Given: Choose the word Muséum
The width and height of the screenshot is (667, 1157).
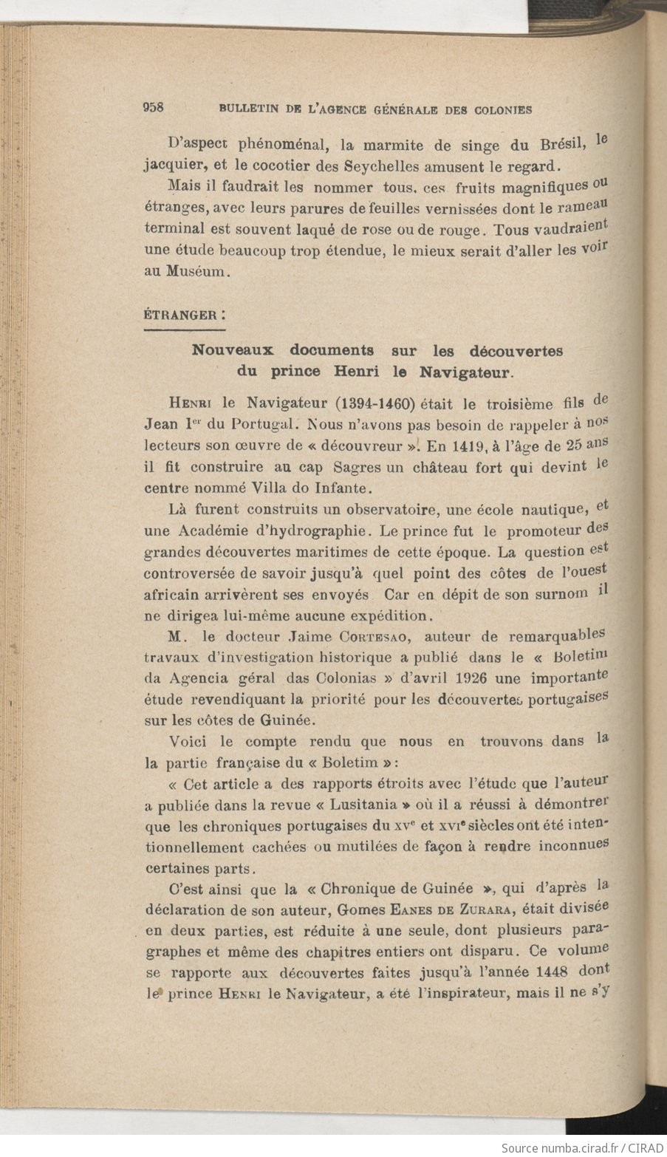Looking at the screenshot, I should pyautogui.click(x=196, y=272).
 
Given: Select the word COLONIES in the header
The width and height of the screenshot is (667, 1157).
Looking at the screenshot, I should pyautogui.click(x=501, y=110).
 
